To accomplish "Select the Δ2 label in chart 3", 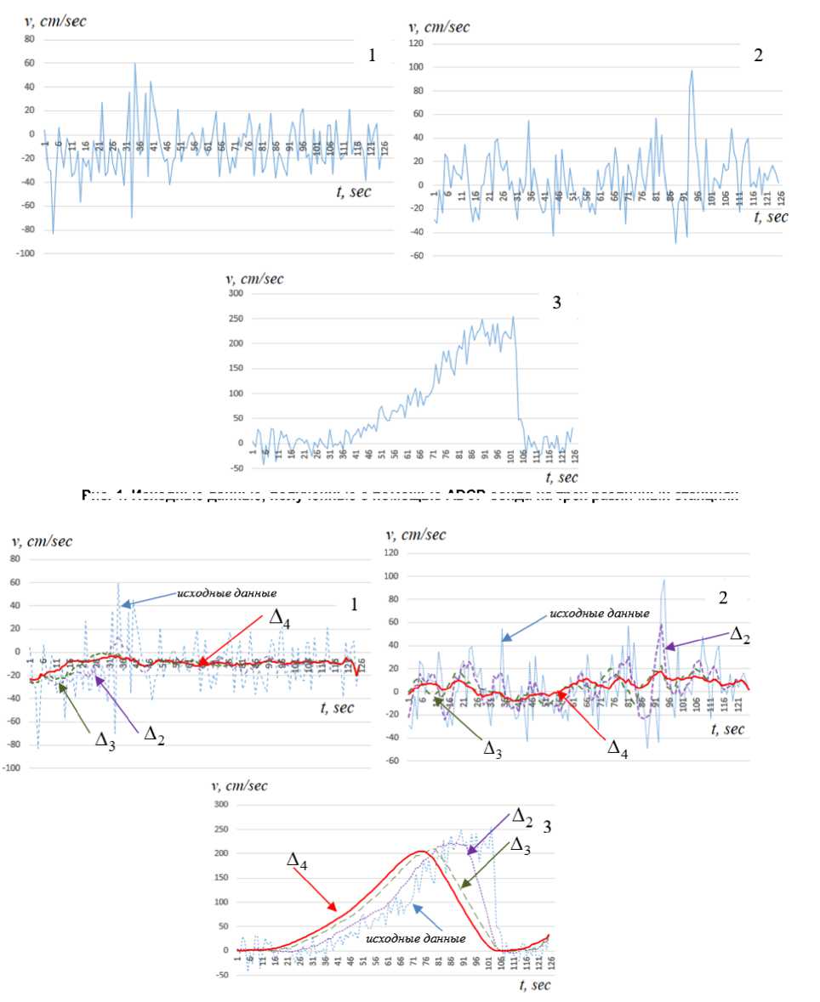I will [521, 817].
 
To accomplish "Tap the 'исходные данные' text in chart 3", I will [416, 939].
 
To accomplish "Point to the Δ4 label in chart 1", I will [280, 620].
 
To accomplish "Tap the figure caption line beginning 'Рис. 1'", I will [409, 495].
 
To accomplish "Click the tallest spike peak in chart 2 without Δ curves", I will [692, 71].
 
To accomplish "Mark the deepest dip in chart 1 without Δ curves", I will [54, 233].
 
